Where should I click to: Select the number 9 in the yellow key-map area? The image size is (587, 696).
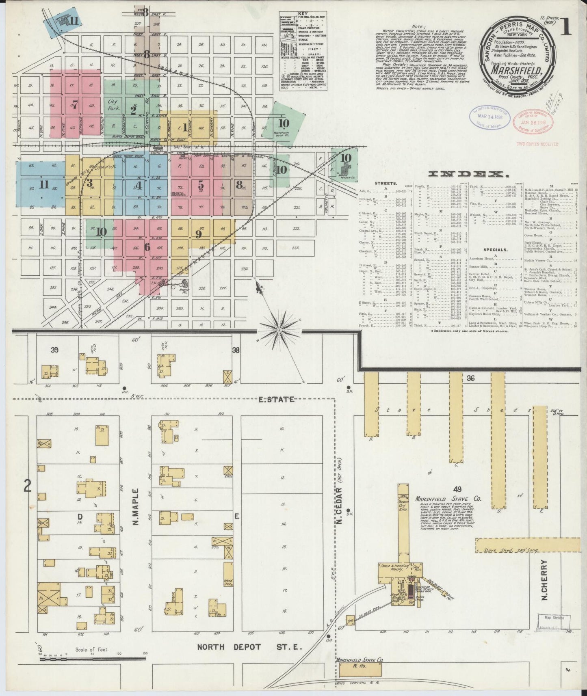[x=199, y=233]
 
